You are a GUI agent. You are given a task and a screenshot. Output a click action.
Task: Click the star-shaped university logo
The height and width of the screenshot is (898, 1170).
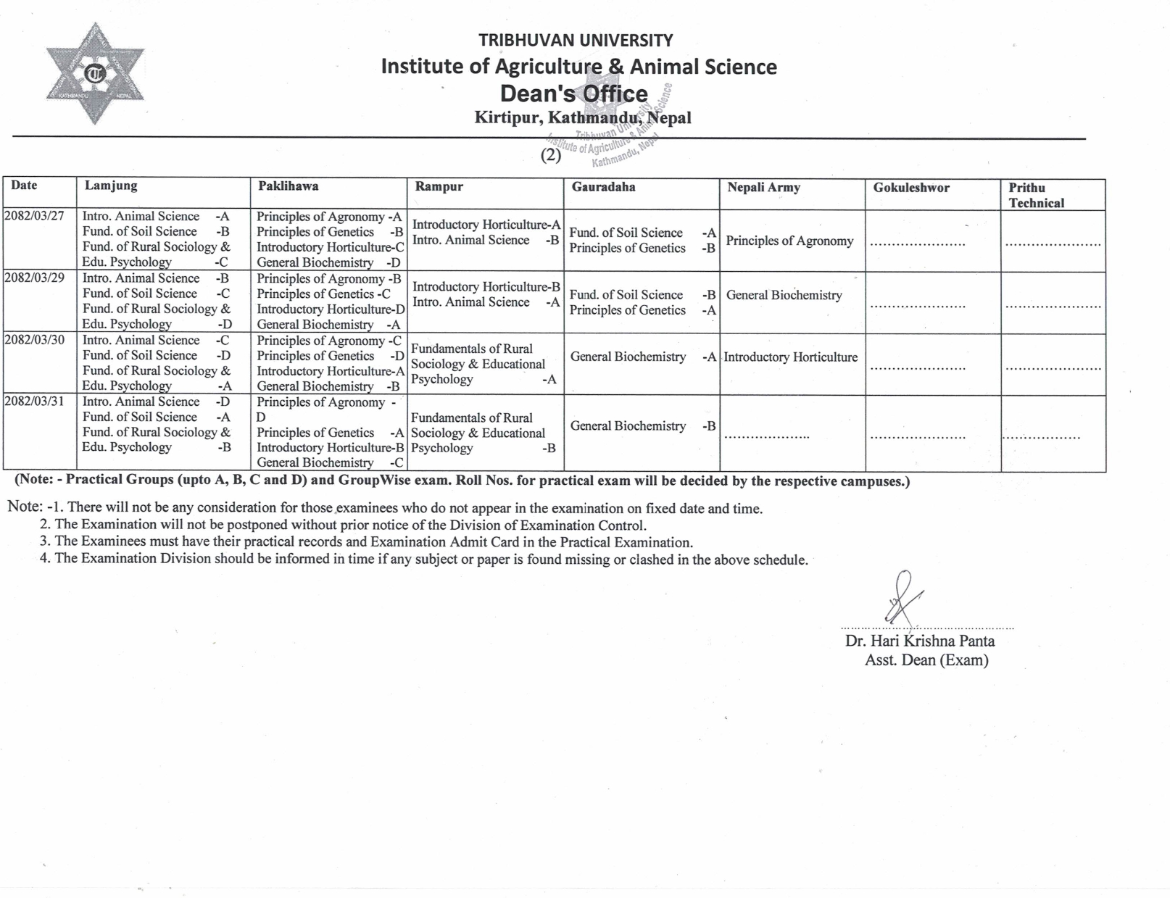click(95, 73)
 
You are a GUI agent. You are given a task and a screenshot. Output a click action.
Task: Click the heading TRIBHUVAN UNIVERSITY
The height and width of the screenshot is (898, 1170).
click(576, 41)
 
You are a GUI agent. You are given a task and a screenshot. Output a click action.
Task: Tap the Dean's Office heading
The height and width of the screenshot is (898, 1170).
click(573, 93)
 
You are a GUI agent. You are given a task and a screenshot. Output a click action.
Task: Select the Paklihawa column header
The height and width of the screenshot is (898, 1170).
click(288, 186)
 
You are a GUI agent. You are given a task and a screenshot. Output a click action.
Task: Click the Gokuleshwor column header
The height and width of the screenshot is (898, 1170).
click(910, 188)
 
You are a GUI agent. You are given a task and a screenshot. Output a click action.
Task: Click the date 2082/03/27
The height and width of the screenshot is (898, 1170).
click(34, 216)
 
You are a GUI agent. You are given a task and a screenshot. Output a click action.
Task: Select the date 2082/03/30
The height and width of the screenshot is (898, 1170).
click(34, 340)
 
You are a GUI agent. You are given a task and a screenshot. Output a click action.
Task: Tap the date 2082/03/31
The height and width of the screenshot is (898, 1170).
click(34, 402)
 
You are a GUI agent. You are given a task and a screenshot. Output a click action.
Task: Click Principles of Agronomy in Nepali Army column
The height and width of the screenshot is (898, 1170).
click(789, 241)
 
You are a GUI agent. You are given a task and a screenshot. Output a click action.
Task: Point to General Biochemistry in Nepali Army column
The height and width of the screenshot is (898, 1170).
click(784, 295)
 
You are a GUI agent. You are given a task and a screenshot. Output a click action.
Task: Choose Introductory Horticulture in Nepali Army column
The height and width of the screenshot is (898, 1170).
click(790, 357)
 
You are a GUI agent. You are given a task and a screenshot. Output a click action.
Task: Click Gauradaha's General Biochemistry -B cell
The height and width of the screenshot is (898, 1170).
click(642, 426)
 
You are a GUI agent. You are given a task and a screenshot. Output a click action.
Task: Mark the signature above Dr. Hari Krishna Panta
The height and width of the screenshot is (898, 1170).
click(901, 599)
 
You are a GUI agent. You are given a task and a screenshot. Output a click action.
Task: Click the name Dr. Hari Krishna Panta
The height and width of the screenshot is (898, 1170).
click(919, 641)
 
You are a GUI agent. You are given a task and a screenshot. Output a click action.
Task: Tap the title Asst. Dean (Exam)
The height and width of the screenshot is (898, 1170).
click(926, 660)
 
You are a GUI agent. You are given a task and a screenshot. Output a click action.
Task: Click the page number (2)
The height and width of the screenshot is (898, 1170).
click(551, 155)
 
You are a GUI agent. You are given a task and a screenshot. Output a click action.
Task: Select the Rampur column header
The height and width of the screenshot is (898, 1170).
click(439, 186)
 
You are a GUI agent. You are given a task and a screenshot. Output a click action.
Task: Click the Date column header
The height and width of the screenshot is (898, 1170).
click(24, 186)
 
